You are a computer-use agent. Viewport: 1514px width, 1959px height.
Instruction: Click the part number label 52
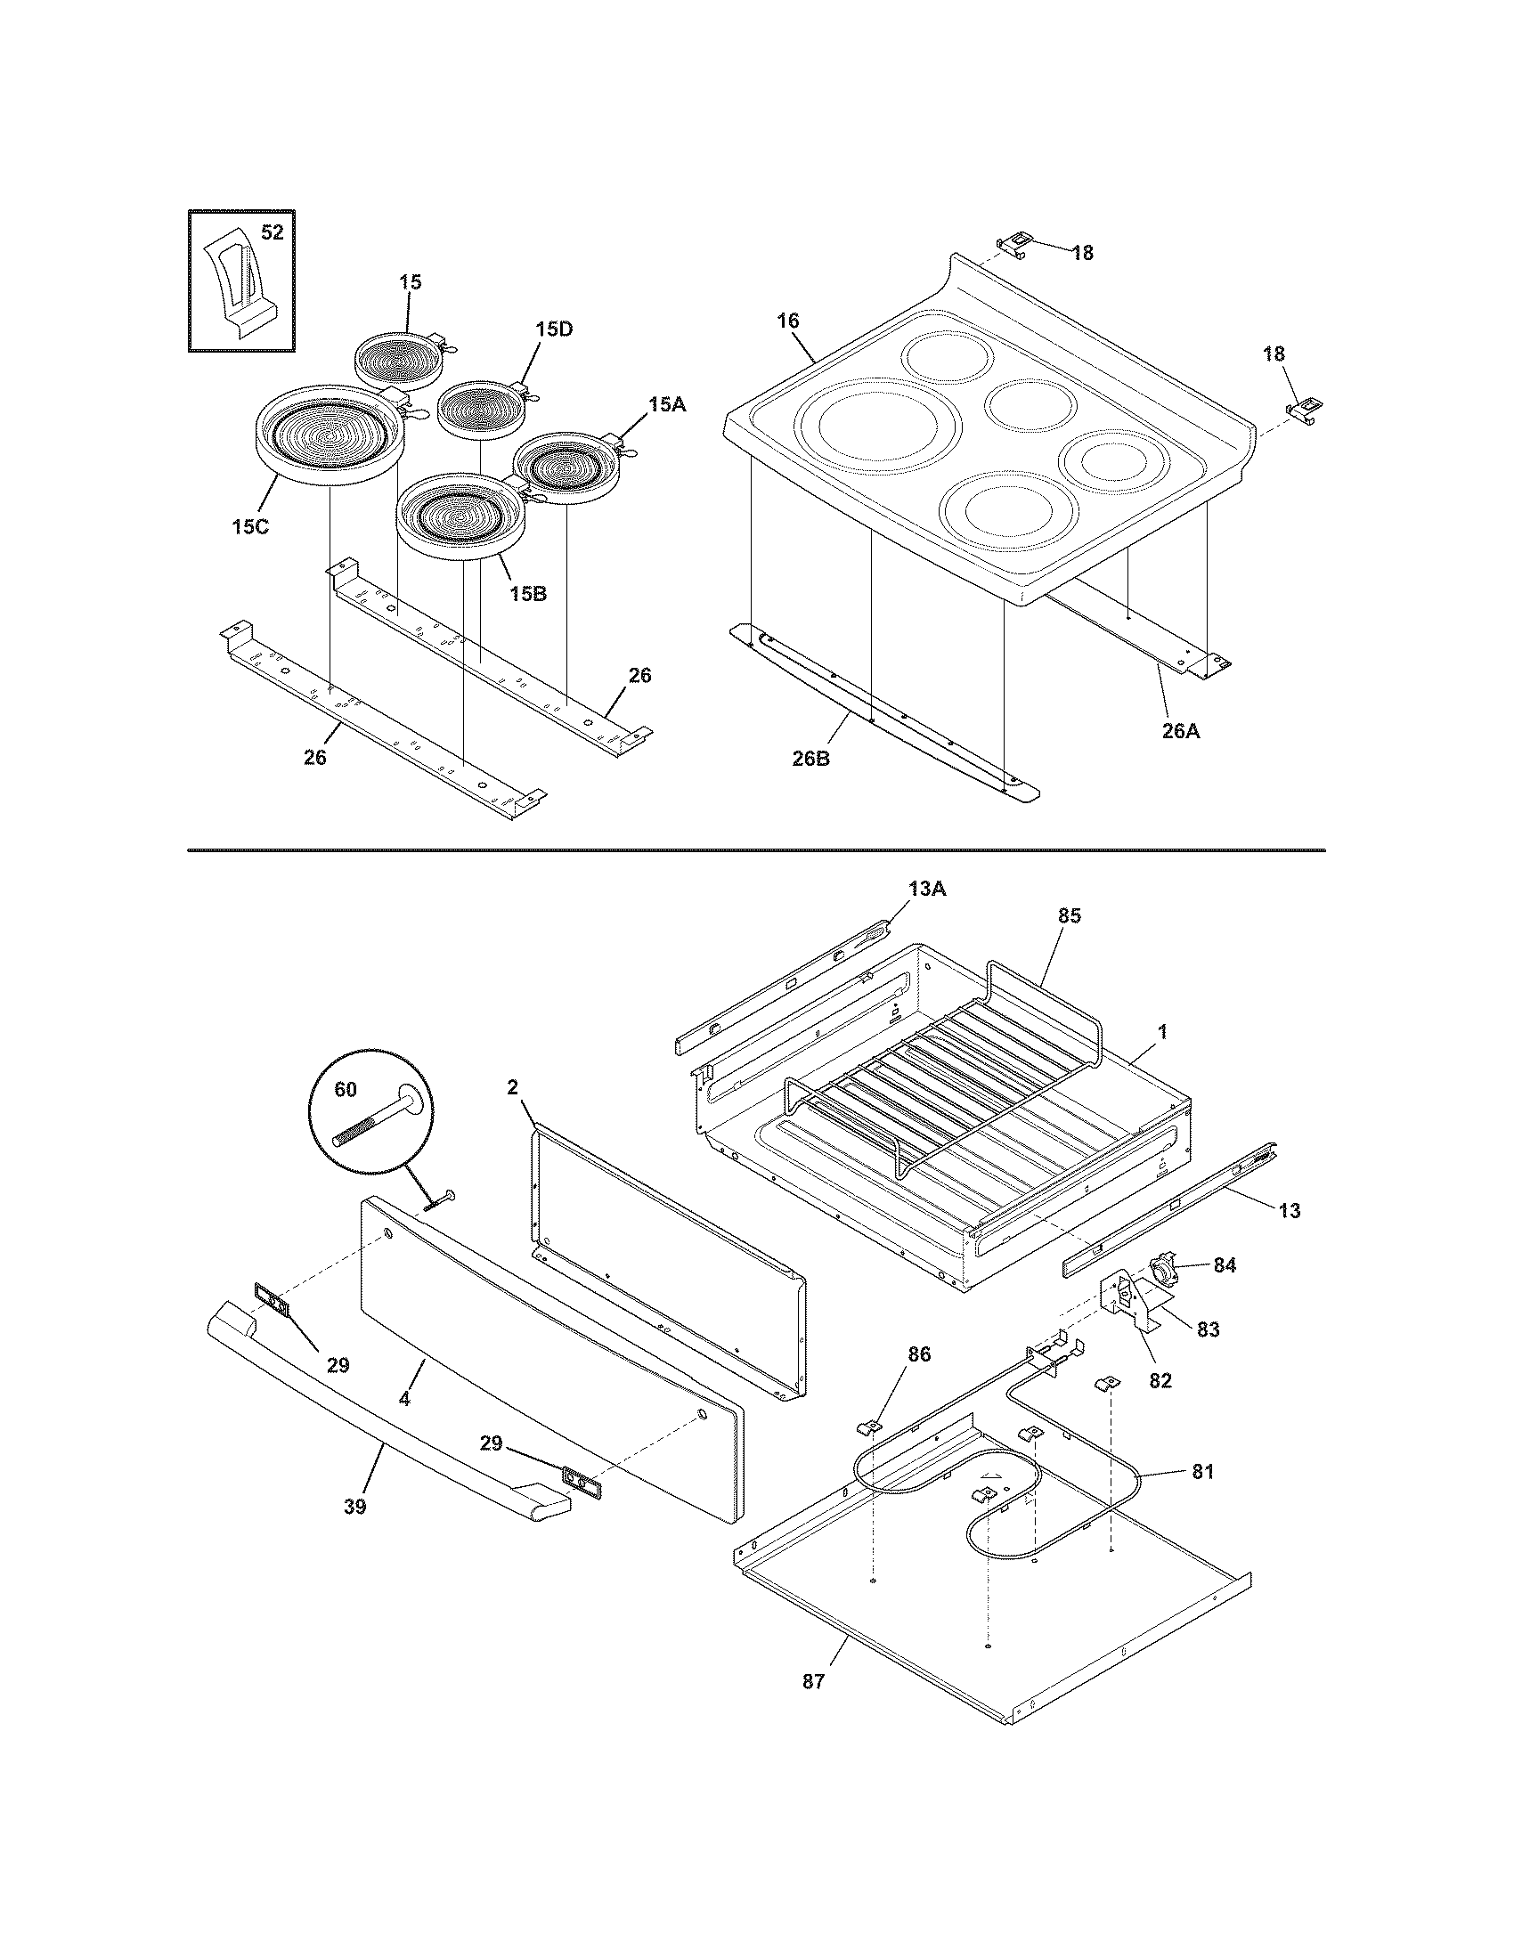[x=272, y=232]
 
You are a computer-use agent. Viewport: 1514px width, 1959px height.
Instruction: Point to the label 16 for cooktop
[x=787, y=321]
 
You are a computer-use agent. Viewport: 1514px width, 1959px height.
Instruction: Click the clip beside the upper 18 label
[x=1014, y=243]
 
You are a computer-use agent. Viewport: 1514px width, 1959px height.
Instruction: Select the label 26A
[x=1180, y=731]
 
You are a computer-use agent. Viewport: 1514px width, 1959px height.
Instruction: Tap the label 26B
[x=810, y=759]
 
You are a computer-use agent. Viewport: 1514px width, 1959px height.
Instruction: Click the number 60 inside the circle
[x=346, y=1089]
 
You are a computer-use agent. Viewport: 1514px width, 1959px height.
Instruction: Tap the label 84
[x=1225, y=1264]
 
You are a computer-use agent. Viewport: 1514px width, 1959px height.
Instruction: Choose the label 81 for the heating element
[x=1203, y=1472]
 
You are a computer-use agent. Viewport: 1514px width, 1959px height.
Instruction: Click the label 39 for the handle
[x=355, y=1507]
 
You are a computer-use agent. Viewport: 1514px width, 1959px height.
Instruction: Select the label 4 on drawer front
[x=405, y=1399]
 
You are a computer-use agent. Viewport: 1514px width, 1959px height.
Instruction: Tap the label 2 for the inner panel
[x=512, y=1087]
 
